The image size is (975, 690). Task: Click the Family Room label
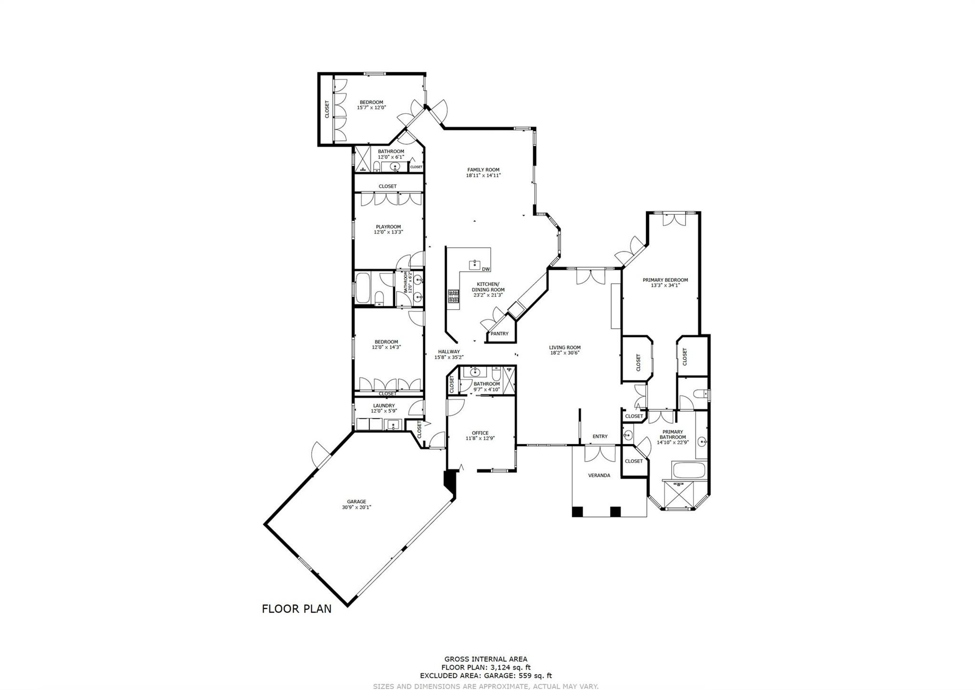tap(483, 170)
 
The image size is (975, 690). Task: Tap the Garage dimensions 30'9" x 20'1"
tap(356, 507)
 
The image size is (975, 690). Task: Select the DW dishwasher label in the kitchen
tap(486, 269)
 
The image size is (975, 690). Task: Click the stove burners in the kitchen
tap(453, 296)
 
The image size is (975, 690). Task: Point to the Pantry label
tap(499, 334)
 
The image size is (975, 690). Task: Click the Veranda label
tap(599, 475)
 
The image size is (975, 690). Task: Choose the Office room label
tap(480, 433)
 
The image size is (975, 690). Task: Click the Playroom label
tap(388, 227)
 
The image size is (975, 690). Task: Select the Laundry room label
tap(384, 405)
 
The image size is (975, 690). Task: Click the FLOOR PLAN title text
tap(297, 609)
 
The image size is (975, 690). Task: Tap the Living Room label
tap(565, 347)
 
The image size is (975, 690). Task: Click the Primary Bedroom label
tap(665, 280)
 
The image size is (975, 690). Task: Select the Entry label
tap(600, 436)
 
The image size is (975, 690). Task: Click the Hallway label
tap(449, 351)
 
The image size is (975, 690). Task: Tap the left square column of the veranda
tap(577, 512)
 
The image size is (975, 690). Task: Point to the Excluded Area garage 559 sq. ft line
tap(486, 675)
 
